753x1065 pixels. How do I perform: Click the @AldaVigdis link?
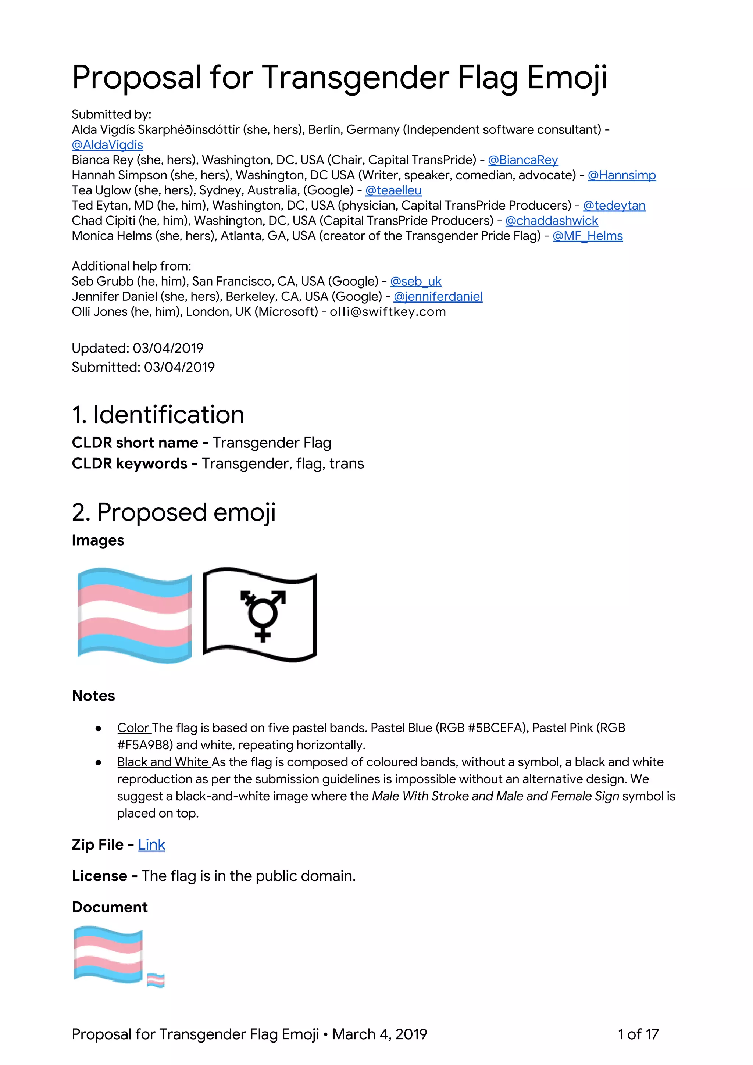107,145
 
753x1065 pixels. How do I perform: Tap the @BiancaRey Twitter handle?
523,160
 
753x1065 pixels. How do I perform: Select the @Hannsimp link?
622,175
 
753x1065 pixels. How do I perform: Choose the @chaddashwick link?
551,221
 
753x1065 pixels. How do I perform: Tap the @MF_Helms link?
588,236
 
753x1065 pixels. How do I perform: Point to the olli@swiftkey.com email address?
388,312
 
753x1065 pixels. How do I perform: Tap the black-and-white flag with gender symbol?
260,614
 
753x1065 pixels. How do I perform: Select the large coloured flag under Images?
135,615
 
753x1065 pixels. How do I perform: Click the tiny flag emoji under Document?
156,980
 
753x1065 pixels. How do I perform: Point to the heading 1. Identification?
158,415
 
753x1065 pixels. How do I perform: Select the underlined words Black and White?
163,762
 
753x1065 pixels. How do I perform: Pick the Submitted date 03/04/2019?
179,367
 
